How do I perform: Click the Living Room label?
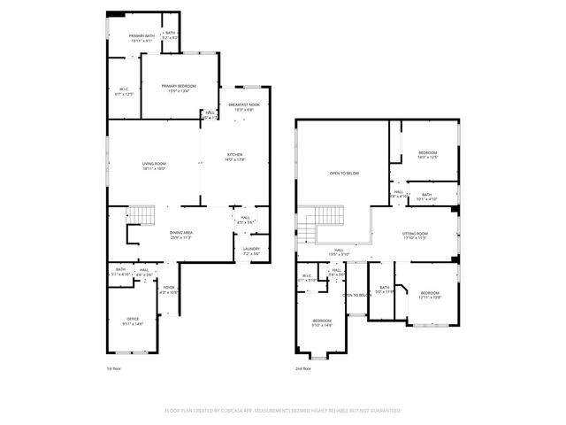pyautogui.click(x=155, y=166)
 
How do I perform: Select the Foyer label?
pyautogui.click(x=169, y=290)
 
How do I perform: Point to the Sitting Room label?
pyautogui.click(x=415, y=235)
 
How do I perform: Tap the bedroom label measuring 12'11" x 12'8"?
pyautogui.click(x=430, y=295)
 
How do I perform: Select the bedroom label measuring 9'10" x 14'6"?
pyautogui.click(x=322, y=323)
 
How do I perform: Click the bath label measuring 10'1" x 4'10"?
pyautogui.click(x=427, y=197)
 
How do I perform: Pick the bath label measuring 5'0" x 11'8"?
pyautogui.click(x=385, y=289)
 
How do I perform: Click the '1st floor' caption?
pyautogui.click(x=112, y=367)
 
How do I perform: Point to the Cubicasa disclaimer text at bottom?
pyautogui.click(x=283, y=411)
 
